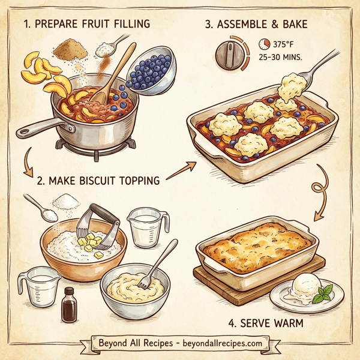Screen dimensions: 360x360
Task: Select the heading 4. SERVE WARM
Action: [x=265, y=323]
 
